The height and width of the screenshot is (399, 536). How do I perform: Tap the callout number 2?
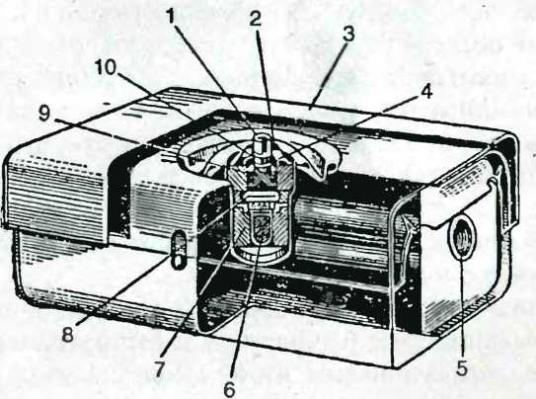(x=256, y=19)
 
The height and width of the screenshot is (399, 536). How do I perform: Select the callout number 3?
(x=348, y=34)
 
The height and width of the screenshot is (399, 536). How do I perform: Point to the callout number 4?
(x=426, y=91)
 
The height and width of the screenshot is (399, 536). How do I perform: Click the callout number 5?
(x=462, y=368)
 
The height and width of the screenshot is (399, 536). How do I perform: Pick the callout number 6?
(x=229, y=388)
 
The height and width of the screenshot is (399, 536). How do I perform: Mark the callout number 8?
(x=67, y=334)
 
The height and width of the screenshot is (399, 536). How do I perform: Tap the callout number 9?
(x=44, y=114)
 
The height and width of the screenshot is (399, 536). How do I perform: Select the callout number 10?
(x=106, y=67)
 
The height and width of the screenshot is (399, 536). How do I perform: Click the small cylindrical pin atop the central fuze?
(x=264, y=147)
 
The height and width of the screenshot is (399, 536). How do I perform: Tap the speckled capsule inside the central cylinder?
(x=263, y=229)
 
